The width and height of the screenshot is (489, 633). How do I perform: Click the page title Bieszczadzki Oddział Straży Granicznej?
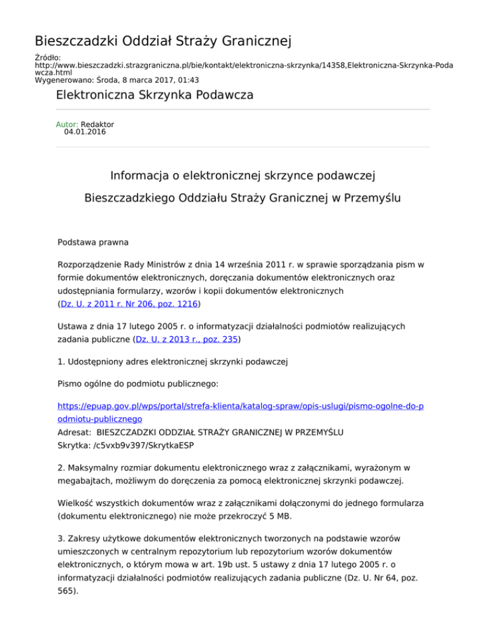(x=163, y=43)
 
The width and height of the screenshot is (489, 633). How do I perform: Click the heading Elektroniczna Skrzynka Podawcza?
(x=155, y=96)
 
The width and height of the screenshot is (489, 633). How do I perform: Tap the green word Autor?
(x=67, y=125)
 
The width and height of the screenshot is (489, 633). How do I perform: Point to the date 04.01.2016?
(x=85, y=132)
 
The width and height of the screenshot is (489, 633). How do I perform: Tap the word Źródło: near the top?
(x=47, y=57)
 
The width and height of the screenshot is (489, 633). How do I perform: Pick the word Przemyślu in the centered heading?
(x=372, y=199)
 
